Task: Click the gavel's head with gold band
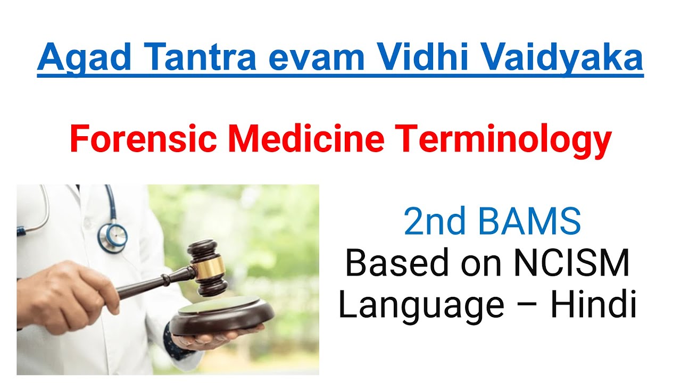pyautogui.click(x=207, y=266)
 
